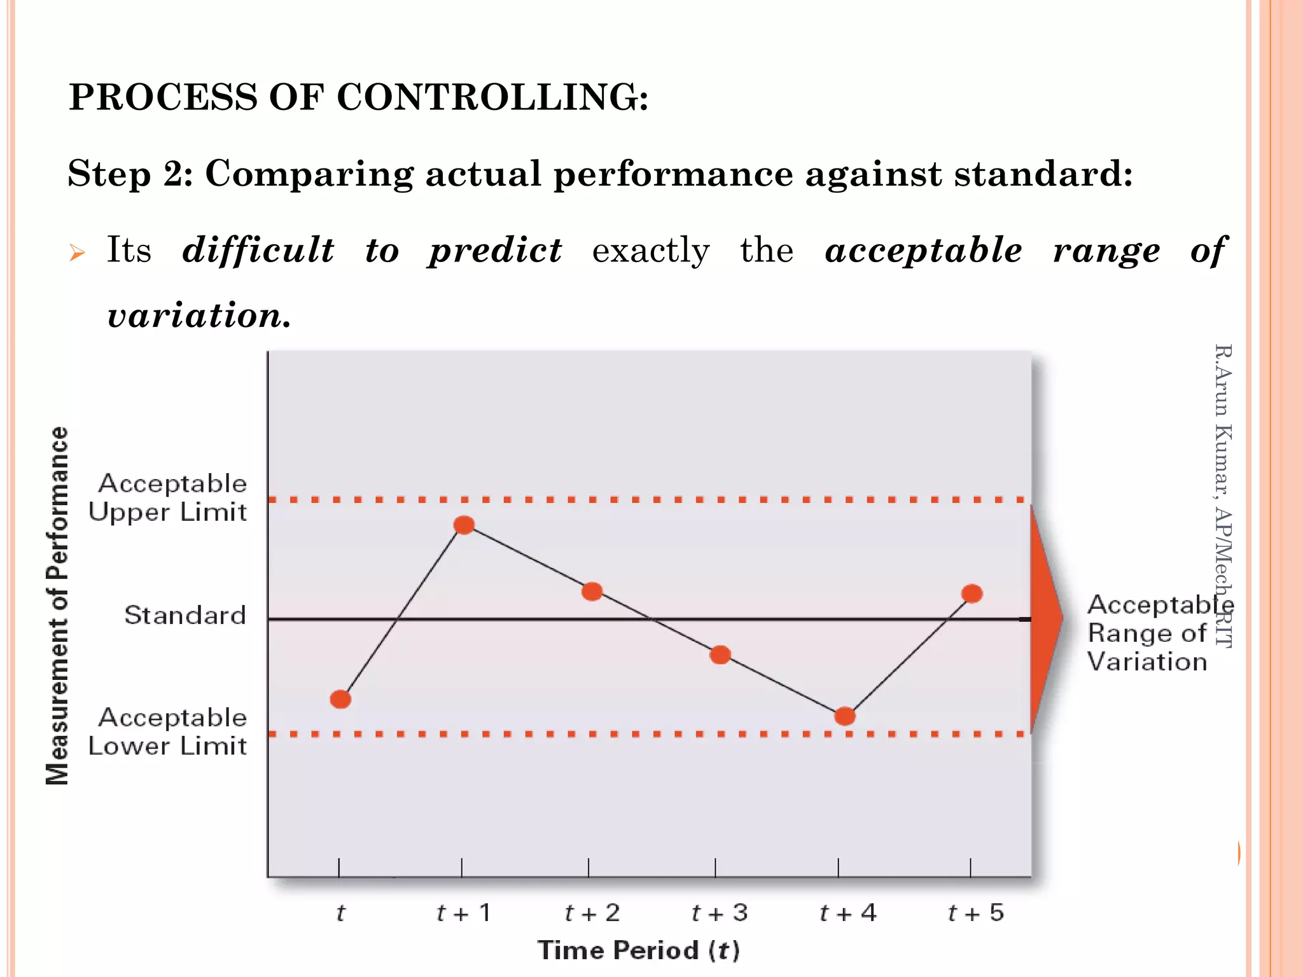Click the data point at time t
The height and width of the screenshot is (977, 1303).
(x=340, y=700)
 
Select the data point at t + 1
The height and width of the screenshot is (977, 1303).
(x=464, y=525)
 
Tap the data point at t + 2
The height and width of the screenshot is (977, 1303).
(x=592, y=592)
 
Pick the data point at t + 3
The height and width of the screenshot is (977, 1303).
(x=720, y=655)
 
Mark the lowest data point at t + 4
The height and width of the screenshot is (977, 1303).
(x=844, y=716)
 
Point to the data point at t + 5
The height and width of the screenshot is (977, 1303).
(x=972, y=593)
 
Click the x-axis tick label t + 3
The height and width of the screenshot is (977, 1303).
(x=720, y=913)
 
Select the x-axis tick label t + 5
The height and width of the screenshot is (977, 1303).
(x=975, y=913)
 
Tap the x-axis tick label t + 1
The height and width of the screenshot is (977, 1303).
(x=464, y=913)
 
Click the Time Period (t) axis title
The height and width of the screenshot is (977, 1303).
(x=639, y=950)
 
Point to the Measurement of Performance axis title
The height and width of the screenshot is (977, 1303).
(x=57, y=606)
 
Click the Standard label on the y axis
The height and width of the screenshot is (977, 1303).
(x=185, y=615)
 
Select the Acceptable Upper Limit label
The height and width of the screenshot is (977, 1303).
(x=168, y=497)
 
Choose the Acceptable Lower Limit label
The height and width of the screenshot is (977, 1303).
(x=168, y=731)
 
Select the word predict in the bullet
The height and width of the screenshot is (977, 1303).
(x=495, y=250)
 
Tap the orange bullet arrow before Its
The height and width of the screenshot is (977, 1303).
(x=77, y=253)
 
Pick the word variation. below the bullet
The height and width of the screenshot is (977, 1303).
(x=199, y=315)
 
